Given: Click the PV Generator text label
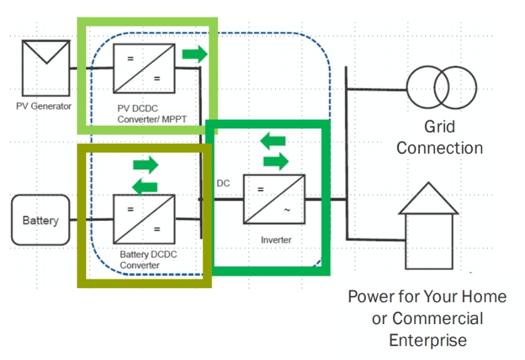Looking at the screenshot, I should pos(44,106).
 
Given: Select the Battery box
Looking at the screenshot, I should pos(40,220).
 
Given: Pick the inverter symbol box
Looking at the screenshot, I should pos(274,199).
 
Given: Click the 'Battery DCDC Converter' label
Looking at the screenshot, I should pos(149,260).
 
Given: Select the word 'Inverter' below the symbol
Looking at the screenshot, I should pos(276,240).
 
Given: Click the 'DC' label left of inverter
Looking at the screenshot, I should pos(224,183).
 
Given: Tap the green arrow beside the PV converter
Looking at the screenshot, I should pos(195,53).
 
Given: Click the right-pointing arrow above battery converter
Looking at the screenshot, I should pos(146,166).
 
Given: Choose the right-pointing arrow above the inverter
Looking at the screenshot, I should pos(276,161).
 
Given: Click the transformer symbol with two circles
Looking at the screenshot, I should pos(441,88).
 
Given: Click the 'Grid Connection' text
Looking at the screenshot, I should pos(439,137).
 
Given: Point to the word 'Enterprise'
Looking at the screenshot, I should pos(427,340).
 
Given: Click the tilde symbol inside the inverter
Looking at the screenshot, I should pos(287,210).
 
